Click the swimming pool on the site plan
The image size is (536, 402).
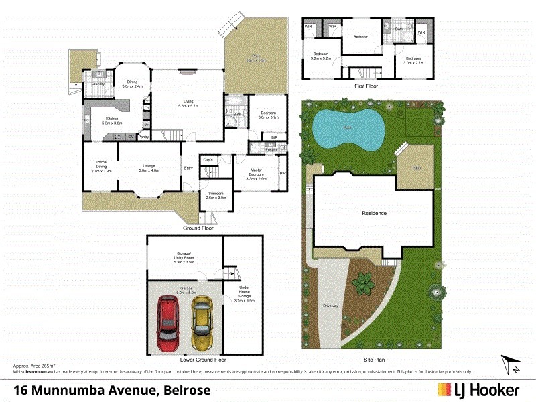[346, 128]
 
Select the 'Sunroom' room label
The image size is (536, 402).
[216, 196]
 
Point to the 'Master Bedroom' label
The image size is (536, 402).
[257, 175]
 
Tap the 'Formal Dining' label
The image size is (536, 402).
[101, 166]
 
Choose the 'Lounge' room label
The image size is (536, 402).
[149, 167]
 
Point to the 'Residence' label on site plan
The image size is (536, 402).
[374, 214]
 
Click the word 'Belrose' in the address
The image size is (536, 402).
[182, 389]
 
